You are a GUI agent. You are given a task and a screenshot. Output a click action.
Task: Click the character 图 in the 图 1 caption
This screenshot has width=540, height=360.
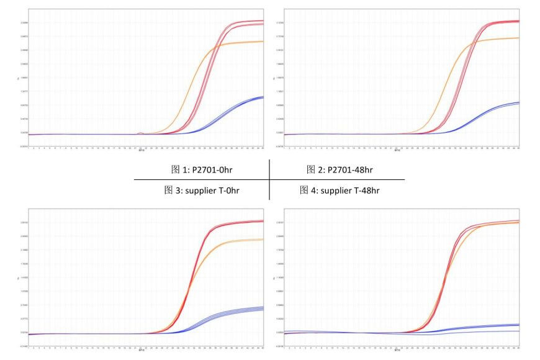point(176,169)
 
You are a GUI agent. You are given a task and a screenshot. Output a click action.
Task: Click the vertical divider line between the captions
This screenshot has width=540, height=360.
point(269,180)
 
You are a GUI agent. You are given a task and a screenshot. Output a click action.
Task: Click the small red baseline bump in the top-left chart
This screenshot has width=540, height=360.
point(141,133)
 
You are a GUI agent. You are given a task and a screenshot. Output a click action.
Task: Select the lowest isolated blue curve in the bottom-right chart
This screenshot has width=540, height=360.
point(484,332)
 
